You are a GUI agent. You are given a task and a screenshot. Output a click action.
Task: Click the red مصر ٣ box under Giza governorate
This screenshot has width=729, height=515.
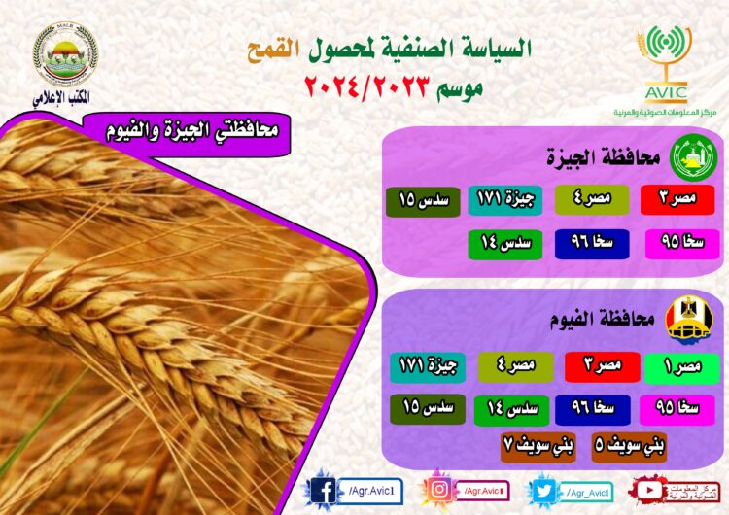click(x=677, y=199)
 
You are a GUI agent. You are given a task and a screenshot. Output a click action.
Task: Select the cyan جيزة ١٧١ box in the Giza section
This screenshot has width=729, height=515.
click(x=499, y=199)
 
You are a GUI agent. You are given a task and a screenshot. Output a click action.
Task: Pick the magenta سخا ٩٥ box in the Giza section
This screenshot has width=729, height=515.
click(x=677, y=243)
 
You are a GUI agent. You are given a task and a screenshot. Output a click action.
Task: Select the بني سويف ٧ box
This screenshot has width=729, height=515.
click(x=538, y=446)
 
